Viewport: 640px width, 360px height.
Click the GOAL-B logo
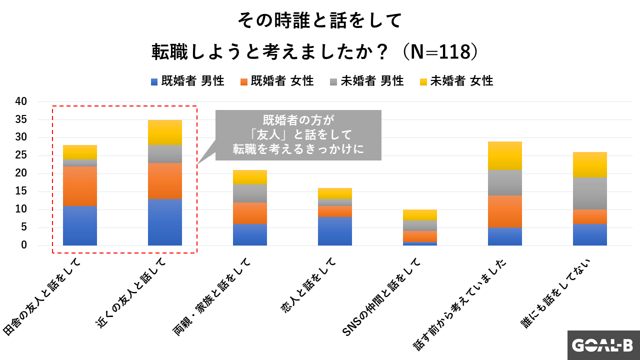pyautogui.click(x=603, y=345)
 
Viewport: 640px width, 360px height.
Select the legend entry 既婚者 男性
pyautogui.click(x=187, y=81)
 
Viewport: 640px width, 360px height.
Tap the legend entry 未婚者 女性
pyautogui.click(x=456, y=81)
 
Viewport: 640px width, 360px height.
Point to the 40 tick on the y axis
pyautogui.click(x=21, y=101)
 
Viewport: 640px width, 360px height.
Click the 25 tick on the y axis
pyautogui.click(x=21, y=155)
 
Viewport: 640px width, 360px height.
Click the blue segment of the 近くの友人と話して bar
pyautogui.click(x=165, y=222)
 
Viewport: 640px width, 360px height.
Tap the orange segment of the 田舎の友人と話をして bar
pyautogui.click(x=80, y=186)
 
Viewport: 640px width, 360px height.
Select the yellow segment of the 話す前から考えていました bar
pyautogui.click(x=505, y=155)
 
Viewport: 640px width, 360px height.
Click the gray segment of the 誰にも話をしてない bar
pyautogui.click(x=590, y=193)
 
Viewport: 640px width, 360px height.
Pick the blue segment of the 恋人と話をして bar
pyautogui.click(x=335, y=231)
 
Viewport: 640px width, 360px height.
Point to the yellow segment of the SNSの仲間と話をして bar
pyautogui.click(x=420, y=215)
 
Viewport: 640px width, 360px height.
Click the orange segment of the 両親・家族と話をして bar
pyautogui.click(x=250, y=213)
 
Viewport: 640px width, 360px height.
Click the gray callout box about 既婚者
pyautogui.click(x=298, y=135)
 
